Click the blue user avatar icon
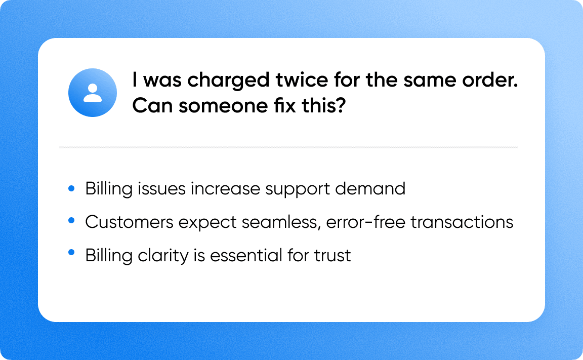click(93, 93)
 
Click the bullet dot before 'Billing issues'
click(71, 188)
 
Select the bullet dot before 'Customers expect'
click(71, 221)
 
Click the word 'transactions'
click(463, 222)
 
